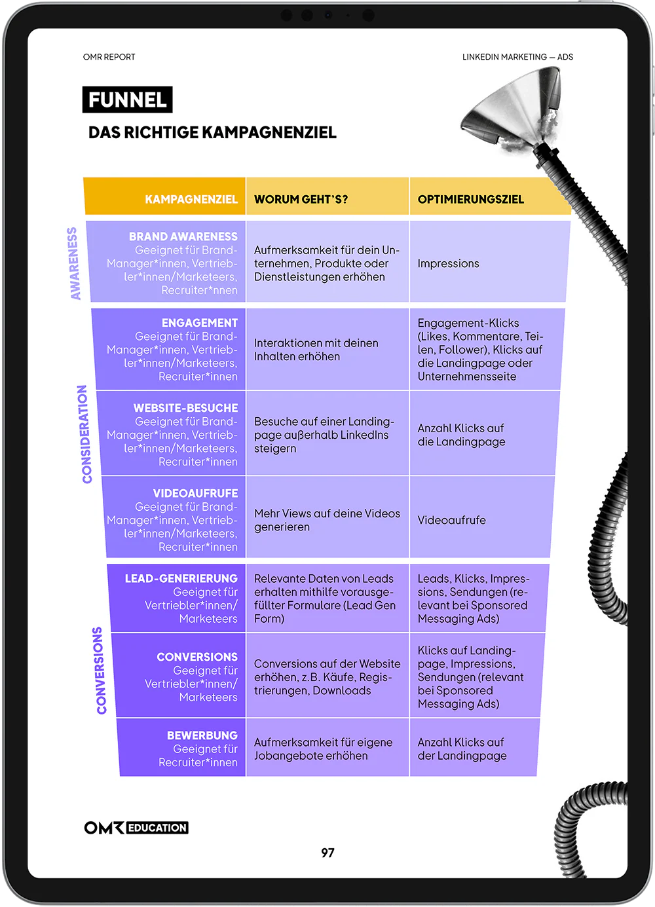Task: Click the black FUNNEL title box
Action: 127,100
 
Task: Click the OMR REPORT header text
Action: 109,57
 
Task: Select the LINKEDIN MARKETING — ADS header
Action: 517,57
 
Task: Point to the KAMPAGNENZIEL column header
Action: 191,199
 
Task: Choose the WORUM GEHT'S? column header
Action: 301,199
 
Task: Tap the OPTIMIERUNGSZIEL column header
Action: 471,199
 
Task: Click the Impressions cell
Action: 449,263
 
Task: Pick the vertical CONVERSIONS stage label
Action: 100,671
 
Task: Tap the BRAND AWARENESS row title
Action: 183,236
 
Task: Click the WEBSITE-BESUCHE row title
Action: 186,408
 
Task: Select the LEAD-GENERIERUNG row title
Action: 181,578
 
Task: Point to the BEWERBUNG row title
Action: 202,735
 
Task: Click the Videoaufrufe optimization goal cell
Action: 452,520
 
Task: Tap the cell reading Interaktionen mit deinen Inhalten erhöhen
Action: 316,350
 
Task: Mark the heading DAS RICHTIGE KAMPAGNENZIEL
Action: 212,132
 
